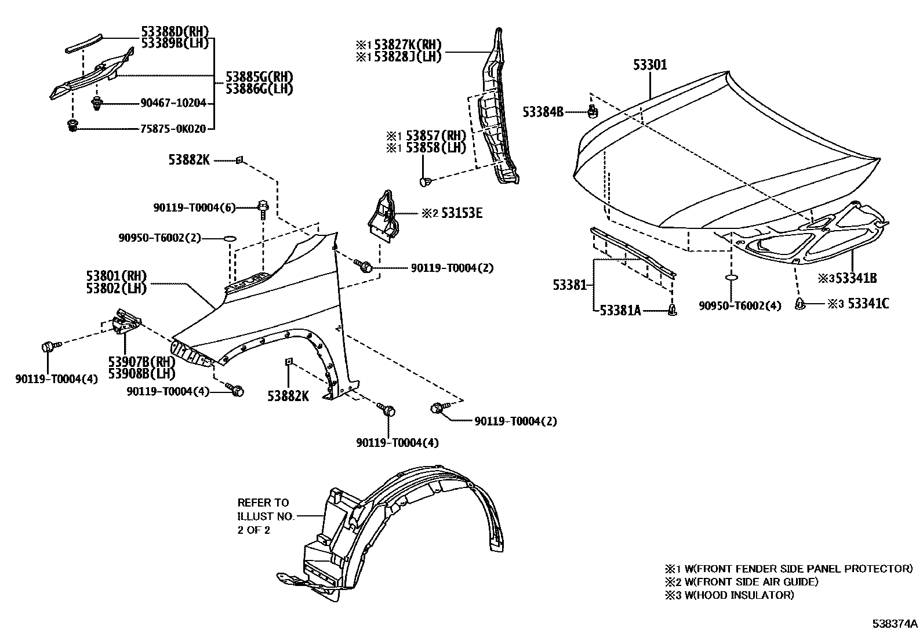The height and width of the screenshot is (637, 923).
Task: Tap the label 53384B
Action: tap(543, 112)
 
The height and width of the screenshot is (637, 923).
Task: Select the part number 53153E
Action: tap(460, 213)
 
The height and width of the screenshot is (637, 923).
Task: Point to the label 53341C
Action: tap(868, 303)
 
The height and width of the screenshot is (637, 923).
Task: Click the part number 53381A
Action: tap(620, 311)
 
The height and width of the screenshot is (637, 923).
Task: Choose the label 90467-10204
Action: tap(173, 103)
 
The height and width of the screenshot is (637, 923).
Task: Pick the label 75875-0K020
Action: tap(173, 129)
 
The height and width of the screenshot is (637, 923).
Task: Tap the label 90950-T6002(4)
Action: tap(740, 305)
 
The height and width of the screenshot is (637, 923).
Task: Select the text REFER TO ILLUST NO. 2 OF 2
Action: tap(263, 516)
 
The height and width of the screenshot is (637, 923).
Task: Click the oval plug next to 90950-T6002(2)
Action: tap(230, 238)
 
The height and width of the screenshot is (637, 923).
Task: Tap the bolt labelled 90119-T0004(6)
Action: tap(263, 208)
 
